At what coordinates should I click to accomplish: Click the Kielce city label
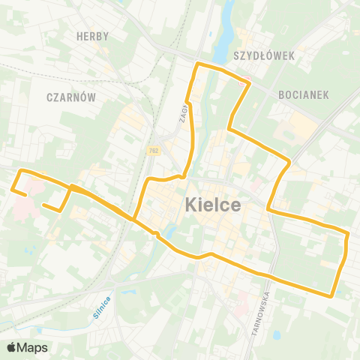click(x=213, y=204)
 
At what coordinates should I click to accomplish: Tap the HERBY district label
click(x=93, y=36)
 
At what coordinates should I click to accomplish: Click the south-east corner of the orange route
click(x=331, y=295)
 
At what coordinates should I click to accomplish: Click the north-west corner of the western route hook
click(x=19, y=172)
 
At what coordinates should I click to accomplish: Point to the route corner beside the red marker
click(x=248, y=79)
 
